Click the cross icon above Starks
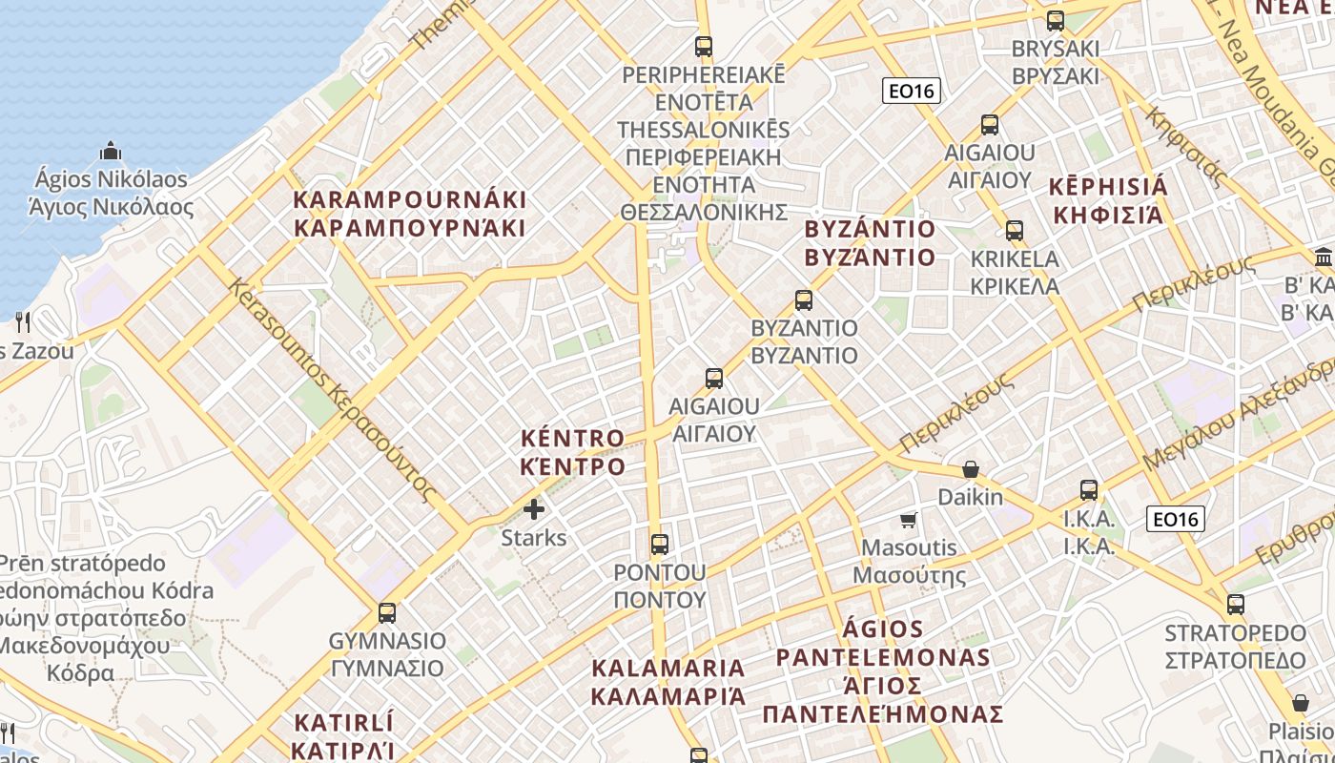(534, 509)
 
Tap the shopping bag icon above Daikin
(970, 469)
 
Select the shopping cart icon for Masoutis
(908, 520)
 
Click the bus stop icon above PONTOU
(659, 545)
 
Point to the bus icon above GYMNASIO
(386, 612)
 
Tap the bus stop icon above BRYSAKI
(1055, 21)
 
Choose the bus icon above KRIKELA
(1014, 230)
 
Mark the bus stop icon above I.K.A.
(1089, 490)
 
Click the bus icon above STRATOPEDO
(1235, 604)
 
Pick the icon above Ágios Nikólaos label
(111, 151)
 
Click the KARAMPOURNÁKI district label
(410, 214)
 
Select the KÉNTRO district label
(573, 452)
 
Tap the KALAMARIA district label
(668, 681)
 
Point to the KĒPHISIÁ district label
(1109, 199)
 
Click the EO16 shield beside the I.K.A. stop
(1175, 519)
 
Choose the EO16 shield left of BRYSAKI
(912, 91)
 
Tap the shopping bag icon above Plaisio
(1300, 703)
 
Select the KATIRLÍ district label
(343, 734)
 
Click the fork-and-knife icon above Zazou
(24, 321)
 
